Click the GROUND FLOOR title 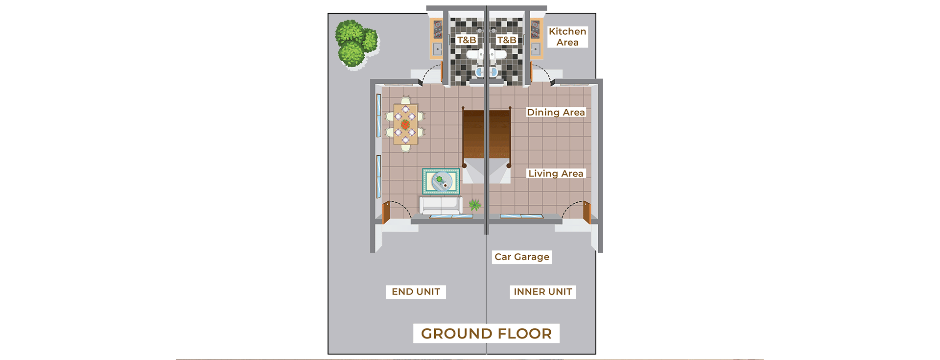(x=486, y=334)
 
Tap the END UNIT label (x=416, y=292)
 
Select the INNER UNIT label (x=542, y=292)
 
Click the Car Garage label (x=522, y=257)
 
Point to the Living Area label (x=556, y=174)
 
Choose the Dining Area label (x=556, y=113)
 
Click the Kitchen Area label (x=567, y=37)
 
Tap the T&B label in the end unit (x=466, y=40)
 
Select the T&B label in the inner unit (x=506, y=40)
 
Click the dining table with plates (x=405, y=124)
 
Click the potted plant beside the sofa (x=474, y=204)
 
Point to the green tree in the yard (x=355, y=43)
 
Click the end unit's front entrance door (x=386, y=212)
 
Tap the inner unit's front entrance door (x=587, y=212)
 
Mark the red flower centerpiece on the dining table (x=405, y=124)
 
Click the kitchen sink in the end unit (x=437, y=49)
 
